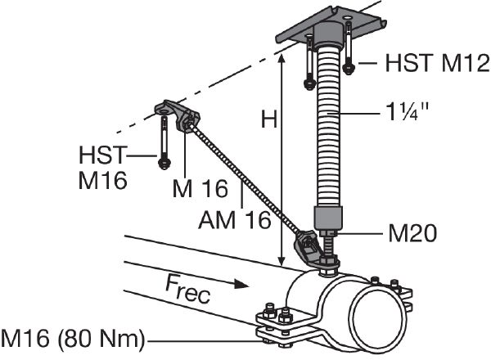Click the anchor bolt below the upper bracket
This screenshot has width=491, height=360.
[164, 144]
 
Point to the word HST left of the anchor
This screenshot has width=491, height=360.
[105, 155]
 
